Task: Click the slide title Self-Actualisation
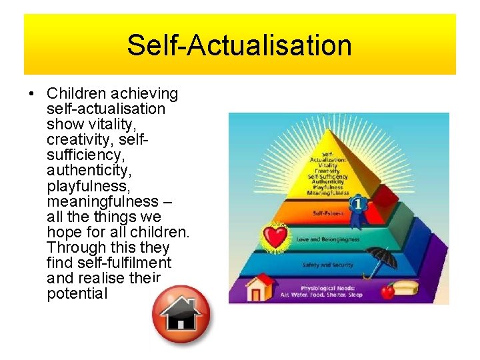click(x=239, y=45)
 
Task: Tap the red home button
click(x=181, y=314)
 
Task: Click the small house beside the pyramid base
click(x=261, y=287)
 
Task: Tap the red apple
click(x=387, y=291)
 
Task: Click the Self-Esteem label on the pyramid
click(x=327, y=214)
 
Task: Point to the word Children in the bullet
click(x=76, y=94)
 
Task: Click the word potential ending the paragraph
click(x=77, y=293)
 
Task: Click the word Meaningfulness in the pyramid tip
click(x=328, y=193)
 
